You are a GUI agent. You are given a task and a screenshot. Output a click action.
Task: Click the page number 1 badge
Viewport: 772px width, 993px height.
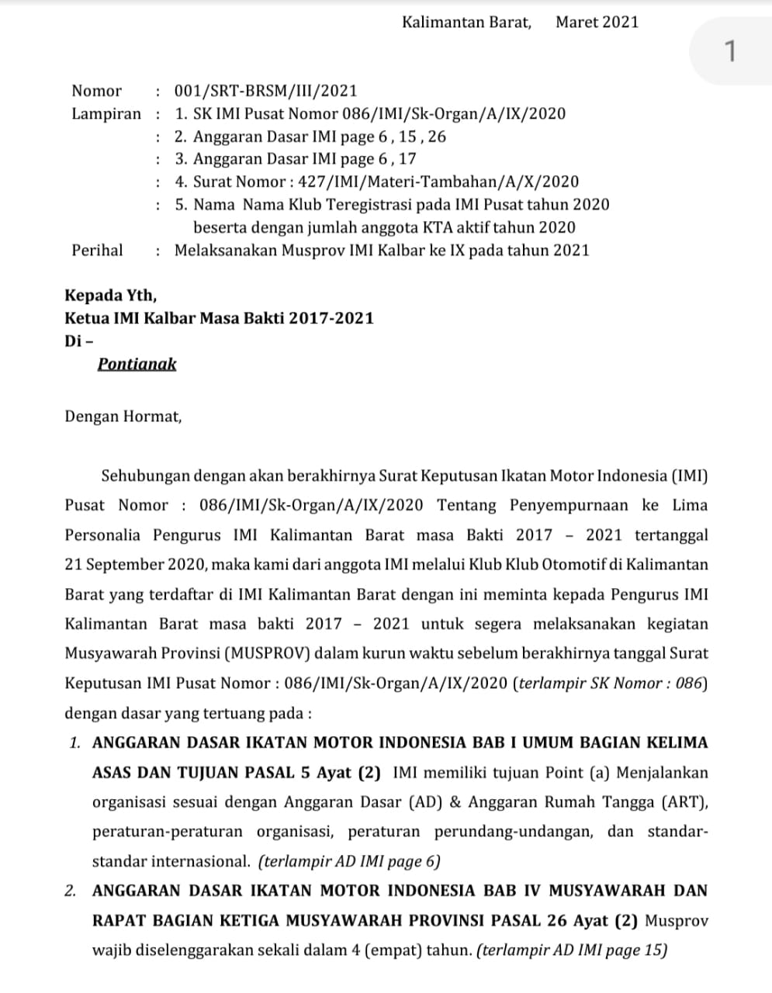(729, 52)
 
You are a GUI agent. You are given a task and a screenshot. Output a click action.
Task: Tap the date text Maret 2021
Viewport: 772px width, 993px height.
(597, 22)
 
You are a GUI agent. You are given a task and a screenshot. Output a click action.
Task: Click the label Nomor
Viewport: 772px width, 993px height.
(97, 91)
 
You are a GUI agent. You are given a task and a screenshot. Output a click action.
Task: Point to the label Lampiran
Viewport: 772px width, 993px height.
(106, 114)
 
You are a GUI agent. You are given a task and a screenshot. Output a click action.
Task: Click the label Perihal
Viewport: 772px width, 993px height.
(97, 250)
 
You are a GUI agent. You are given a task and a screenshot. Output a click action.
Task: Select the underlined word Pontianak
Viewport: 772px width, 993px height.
(137, 364)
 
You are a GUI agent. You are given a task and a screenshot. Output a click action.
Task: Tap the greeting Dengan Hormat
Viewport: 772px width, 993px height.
(123, 416)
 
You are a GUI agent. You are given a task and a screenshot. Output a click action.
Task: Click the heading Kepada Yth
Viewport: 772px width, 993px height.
(110, 295)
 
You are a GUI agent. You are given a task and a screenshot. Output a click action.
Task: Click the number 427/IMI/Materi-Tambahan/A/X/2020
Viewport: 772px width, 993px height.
(433, 182)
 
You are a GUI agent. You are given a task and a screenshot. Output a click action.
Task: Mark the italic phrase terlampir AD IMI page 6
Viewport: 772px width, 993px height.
(350, 861)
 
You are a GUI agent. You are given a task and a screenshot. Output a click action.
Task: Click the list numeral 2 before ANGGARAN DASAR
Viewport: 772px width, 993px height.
(71, 891)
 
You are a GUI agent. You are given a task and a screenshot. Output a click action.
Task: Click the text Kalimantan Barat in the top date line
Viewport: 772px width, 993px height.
(466, 22)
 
